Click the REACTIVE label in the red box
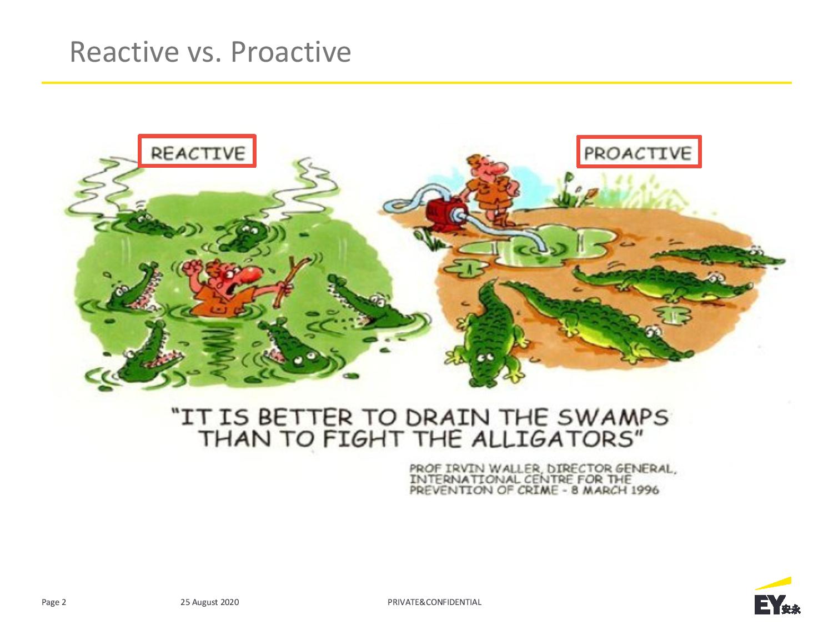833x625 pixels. coord(198,153)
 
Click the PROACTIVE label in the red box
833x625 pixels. coord(638,153)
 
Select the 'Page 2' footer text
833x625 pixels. coord(54,602)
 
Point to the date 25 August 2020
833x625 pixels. coord(209,602)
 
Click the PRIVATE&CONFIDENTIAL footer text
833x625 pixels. coord(434,602)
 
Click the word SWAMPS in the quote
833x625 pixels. coord(613,417)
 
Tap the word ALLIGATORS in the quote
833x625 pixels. coord(553,439)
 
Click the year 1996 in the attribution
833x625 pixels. coord(644,491)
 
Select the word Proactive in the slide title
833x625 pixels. coord(290,52)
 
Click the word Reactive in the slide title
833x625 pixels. coord(124,52)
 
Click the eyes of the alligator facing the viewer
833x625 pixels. coord(485,357)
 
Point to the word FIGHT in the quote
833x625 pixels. coord(363,439)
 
